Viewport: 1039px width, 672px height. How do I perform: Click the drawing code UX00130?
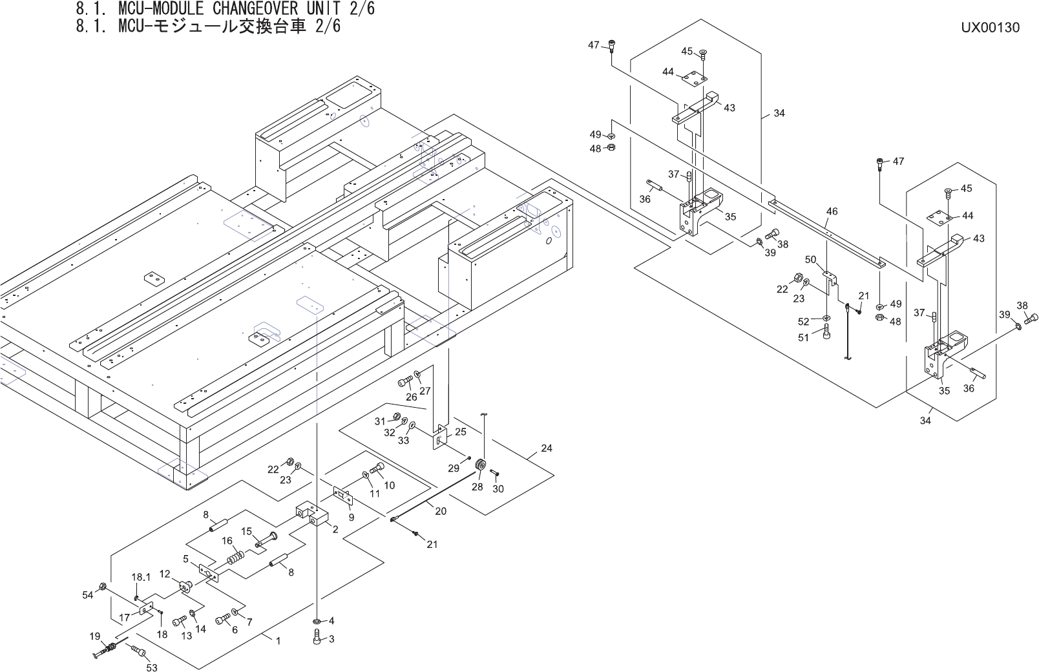pos(989,27)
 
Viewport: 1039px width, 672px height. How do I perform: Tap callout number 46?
pos(832,211)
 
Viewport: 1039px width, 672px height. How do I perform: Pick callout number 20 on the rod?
pos(440,511)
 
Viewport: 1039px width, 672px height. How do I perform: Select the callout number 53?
pos(151,667)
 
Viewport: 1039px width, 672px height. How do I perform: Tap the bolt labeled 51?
pos(827,333)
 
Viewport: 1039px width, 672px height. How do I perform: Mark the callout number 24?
pos(546,448)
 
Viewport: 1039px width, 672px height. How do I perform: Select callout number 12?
pos(165,574)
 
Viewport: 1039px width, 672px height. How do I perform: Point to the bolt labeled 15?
pos(267,538)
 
